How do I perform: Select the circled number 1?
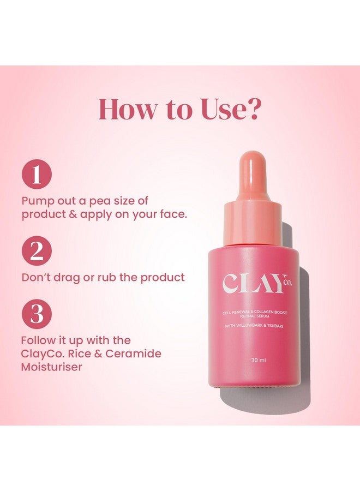[37, 175]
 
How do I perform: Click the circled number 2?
[37, 252]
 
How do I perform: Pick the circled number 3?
[37, 315]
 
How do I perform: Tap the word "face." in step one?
[171, 214]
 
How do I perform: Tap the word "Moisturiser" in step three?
[52, 367]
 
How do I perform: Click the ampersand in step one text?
[73, 214]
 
